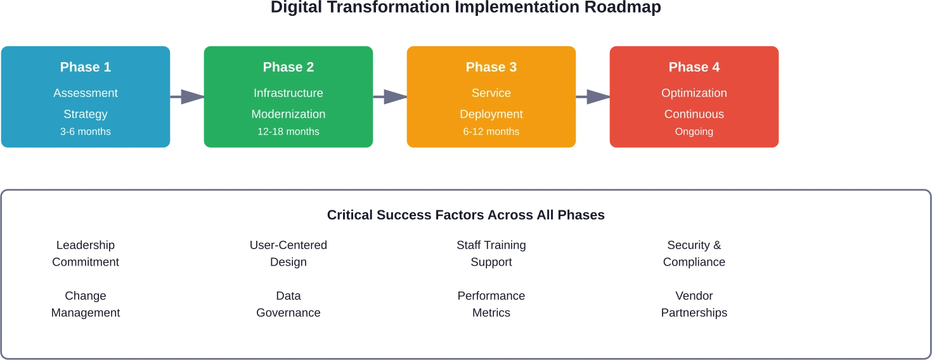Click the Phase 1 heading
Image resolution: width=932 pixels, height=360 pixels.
(x=86, y=67)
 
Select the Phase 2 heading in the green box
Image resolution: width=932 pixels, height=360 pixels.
(x=288, y=67)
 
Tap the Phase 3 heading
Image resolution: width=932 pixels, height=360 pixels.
(x=491, y=67)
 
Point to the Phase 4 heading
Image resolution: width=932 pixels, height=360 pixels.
(x=694, y=67)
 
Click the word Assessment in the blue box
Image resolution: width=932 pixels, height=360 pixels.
(x=86, y=93)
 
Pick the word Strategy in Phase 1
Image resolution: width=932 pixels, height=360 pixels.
(x=86, y=114)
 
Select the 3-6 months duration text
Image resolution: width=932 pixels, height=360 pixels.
(x=86, y=132)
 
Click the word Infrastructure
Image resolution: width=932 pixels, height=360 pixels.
(x=288, y=93)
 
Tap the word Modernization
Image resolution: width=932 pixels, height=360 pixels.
(x=288, y=114)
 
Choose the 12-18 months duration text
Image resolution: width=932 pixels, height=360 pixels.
(x=288, y=132)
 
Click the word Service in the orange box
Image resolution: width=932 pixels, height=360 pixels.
(x=491, y=93)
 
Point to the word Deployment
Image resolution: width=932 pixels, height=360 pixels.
(x=491, y=114)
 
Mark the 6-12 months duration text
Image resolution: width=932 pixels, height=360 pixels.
(x=491, y=132)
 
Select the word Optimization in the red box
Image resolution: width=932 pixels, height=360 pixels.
(x=694, y=93)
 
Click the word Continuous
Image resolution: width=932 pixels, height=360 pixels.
(x=694, y=114)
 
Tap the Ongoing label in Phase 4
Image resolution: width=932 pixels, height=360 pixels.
(x=694, y=132)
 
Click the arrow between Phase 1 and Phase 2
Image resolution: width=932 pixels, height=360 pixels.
(x=187, y=96)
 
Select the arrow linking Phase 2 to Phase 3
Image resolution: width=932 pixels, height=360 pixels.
(x=390, y=96)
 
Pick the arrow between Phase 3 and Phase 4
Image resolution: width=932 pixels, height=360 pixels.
(x=593, y=96)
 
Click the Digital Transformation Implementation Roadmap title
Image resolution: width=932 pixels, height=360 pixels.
(x=466, y=8)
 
